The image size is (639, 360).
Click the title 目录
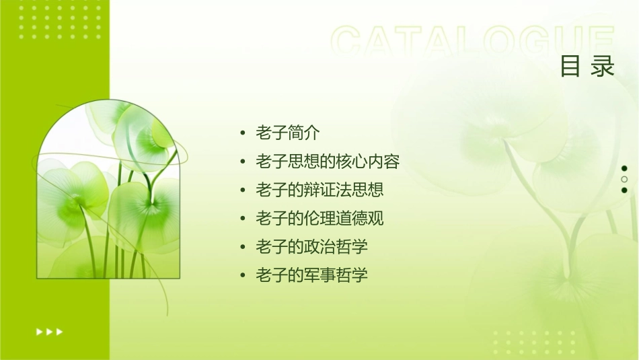point(587,67)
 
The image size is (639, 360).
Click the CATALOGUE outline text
point(473,42)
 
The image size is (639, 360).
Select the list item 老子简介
point(287,133)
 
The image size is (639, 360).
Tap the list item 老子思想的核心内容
point(328,161)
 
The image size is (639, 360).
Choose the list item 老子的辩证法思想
point(319,190)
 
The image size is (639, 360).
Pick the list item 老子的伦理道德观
point(319,218)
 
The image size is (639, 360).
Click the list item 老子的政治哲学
point(311,246)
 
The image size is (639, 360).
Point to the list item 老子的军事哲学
point(311,275)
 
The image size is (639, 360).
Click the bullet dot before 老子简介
point(243,133)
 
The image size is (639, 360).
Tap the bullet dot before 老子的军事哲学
point(243,275)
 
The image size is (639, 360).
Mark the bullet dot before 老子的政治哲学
point(243,247)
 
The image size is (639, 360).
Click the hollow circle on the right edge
point(624,179)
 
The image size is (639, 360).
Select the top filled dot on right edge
point(624,168)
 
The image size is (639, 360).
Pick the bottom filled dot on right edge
point(624,190)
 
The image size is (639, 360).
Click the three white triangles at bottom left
point(49,331)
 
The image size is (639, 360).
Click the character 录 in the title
point(603,67)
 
